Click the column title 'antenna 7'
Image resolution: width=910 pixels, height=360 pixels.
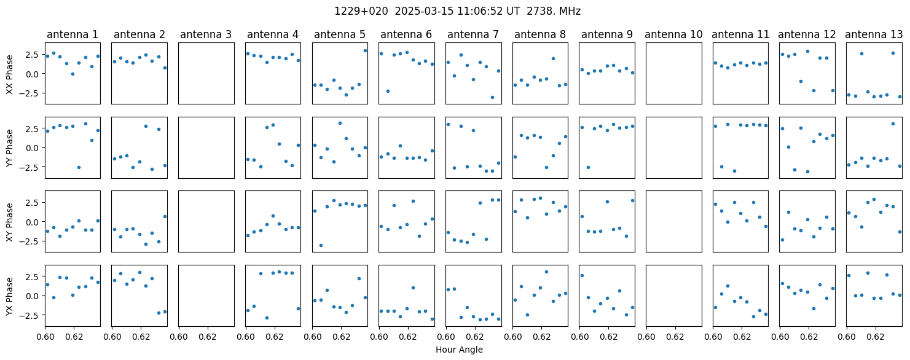473,34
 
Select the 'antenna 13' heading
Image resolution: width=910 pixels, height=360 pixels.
873,34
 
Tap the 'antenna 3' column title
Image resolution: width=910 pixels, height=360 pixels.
206,34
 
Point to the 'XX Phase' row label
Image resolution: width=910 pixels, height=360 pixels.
9,74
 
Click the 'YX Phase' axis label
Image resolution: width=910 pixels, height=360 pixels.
9,297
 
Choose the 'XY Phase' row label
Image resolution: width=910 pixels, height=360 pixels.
9,222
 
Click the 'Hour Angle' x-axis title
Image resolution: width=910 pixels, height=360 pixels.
459,350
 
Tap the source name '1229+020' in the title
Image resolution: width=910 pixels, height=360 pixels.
361,12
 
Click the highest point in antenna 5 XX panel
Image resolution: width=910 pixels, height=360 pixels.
365,51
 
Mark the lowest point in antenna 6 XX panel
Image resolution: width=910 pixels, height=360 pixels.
388,92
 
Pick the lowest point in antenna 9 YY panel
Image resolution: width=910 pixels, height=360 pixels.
588,167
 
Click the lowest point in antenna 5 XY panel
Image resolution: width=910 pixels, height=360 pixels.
321,245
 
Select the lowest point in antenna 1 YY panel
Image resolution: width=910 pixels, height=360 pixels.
79,167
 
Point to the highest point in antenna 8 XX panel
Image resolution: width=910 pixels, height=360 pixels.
553,58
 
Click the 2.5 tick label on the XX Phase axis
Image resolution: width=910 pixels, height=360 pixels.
34,55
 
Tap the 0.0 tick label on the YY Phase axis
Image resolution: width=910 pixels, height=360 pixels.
34,148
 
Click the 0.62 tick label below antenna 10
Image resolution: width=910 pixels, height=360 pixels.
675,337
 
